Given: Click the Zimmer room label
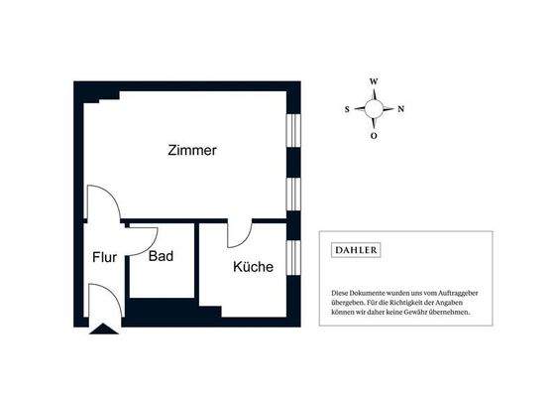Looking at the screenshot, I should click(192, 151).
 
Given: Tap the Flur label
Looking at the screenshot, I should click(105, 257).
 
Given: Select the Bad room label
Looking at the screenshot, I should click(162, 256).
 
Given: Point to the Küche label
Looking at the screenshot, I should click(253, 267).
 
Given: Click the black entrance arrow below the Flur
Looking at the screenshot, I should click(101, 329).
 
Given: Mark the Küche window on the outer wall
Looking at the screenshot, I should click(292, 255).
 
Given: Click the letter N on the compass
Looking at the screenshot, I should click(400, 110).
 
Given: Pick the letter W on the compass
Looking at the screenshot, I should click(374, 82).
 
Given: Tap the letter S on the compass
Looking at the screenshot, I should click(347, 110).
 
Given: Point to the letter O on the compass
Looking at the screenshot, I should click(374, 137).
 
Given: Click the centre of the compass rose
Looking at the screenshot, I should click(374, 109).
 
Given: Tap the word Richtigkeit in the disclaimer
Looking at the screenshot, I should click(411, 303).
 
